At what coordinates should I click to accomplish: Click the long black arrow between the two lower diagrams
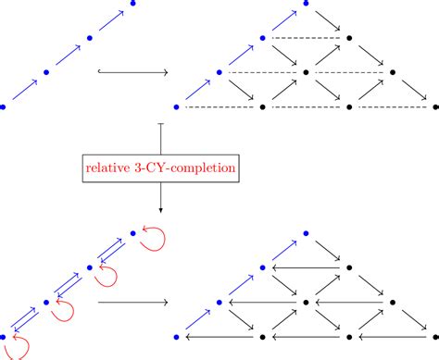(x=132, y=302)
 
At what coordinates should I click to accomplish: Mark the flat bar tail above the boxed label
(x=162, y=123)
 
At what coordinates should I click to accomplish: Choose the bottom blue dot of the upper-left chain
(x=3, y=107)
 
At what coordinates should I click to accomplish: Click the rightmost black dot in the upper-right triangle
(x=435, y=107)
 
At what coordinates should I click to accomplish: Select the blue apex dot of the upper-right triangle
(x=307, y=3)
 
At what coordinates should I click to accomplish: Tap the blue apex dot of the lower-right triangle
(x=307, y=233)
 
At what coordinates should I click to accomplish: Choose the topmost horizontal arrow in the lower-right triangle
(x=307, y=267)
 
